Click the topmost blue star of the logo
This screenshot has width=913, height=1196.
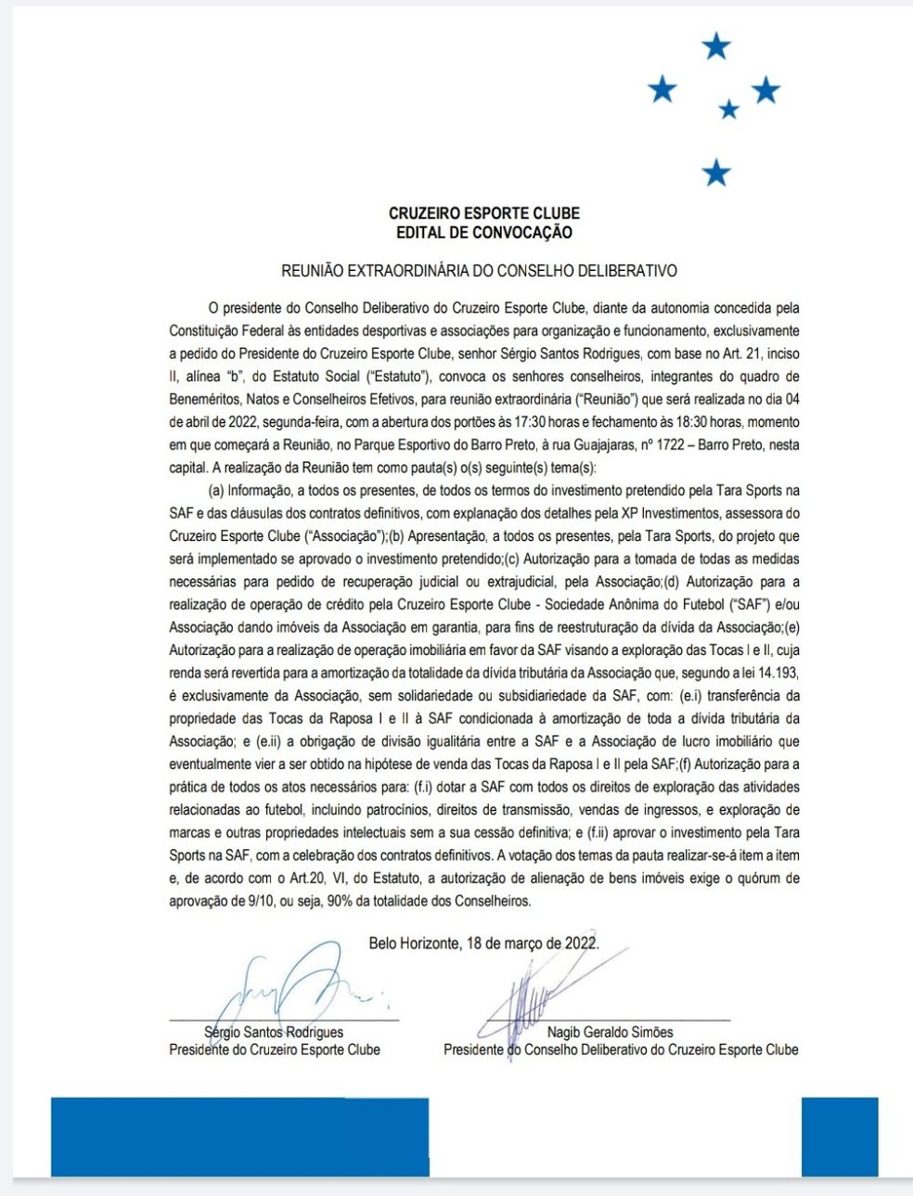tap(716, 45)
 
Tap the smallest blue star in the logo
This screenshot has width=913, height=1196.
tap(729, 109)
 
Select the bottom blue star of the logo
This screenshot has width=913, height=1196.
tap(716, 172)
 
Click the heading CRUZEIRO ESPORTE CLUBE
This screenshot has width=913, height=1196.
tap(484, 213)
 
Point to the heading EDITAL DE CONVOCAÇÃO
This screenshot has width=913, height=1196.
tap(484, 233)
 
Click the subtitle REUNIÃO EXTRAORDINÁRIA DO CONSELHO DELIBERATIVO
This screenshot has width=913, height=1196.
tap(479, 271)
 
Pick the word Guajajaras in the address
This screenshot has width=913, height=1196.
tap(592, 445)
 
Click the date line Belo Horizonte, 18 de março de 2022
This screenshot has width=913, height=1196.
tap(483, 944)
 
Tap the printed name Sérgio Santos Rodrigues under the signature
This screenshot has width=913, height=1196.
tap(274, 1032)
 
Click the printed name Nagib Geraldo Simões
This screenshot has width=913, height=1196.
tap(611, 1032)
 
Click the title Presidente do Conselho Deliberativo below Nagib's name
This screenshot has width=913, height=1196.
tap(621, 1050)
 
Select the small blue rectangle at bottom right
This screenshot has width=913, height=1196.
tap(839, 1137)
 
